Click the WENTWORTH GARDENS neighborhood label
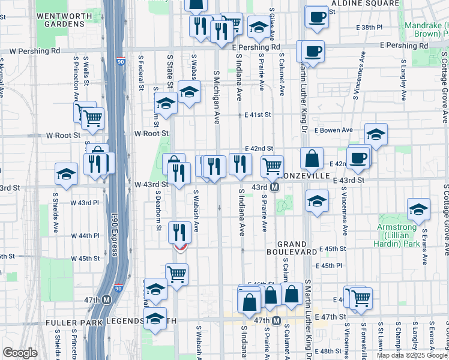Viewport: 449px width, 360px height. click(x=60, y=19)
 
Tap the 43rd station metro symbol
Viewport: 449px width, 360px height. click(x=274, y=188)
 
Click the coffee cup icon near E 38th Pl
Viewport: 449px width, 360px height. click(x=316, y=17)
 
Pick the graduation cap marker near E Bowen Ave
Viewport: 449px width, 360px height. click(x=376, y=134)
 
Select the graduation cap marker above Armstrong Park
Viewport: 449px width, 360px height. click(x=418, y=209)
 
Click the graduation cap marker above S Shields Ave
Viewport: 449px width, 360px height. click(x=66, y=174)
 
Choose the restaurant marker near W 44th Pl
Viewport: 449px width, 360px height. click(x=180, y=230)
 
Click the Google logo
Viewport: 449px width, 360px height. click(x=20, y=353)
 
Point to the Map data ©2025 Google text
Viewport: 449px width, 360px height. click(x=411, y=355)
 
